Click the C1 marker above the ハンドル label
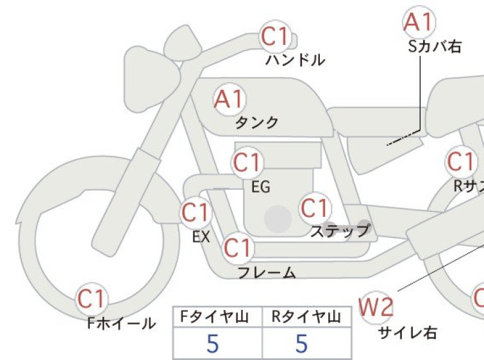coord(276,37)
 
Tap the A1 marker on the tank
coord(229,99)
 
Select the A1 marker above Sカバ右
coord(419,22)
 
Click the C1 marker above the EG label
coord(247,162)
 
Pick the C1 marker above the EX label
coord(196,212)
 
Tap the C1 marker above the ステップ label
coord(315,208)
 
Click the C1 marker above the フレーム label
coord(238,248)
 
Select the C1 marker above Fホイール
coord(92,299)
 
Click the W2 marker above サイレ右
coord(376,307)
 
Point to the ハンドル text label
coord(295,60)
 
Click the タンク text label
coord(257,123)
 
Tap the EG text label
coord(261,187)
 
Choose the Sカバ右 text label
coord(435,47)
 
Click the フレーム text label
coord(267,273)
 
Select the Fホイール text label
coord(122,323)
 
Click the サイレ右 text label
coord(408,333)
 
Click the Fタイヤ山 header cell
coord(217,317)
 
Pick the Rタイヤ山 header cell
coord(306,317)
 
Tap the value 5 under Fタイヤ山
coord(213,343)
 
